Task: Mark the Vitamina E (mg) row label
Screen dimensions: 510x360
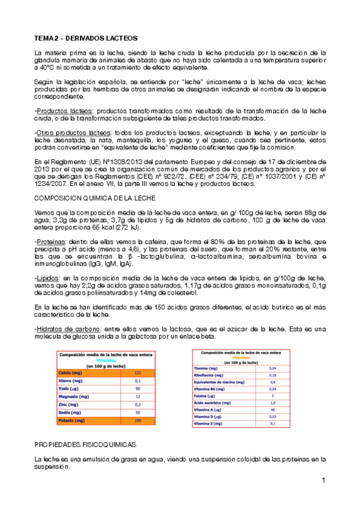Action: pos(212,424)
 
